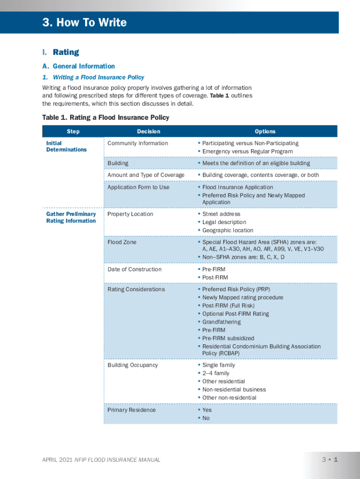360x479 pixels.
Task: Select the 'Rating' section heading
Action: [66, 52]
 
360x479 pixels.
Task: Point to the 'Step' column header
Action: [73, 131]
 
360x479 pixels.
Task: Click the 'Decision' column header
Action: [149, 131]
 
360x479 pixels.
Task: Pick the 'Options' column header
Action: [265, 131]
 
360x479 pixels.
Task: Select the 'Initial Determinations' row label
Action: [66, 146]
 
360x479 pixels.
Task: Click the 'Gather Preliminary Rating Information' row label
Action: [71, 218]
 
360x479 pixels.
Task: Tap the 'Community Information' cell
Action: [137, 143]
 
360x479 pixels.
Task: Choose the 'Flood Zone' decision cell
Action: [122, 242]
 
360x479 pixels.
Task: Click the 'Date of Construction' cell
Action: [135, 269]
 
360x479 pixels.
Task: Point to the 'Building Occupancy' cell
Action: [133, 365]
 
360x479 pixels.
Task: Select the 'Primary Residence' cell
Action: [132, 410]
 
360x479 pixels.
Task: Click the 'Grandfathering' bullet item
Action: [222, 322]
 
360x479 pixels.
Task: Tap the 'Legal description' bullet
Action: [224, 222]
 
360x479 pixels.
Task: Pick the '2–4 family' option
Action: [216, 373]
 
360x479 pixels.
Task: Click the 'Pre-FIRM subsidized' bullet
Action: [228, 338]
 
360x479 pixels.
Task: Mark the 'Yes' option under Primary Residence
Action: [207, 410]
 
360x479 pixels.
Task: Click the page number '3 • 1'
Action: [330, 459]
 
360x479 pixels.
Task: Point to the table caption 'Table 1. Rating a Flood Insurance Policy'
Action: [106, 117]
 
